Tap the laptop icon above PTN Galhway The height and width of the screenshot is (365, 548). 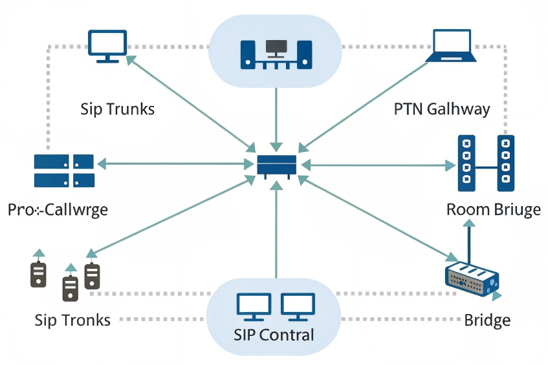coord(451,45)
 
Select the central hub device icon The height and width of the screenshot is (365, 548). coord(276,165)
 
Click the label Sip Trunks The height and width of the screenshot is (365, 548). coord(118,109)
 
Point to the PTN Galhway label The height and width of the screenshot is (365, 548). coord(442,109)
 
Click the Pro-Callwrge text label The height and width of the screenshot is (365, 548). coord(58,210)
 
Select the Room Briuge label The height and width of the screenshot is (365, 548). coord(493,210)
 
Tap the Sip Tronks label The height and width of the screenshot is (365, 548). coord(72,320)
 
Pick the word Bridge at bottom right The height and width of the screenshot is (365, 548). coord(487,320)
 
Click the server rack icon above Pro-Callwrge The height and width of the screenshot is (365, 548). coord(64,171)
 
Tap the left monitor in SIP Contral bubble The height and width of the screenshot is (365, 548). coord(254,307)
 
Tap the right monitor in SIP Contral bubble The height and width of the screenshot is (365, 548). coord(298,307)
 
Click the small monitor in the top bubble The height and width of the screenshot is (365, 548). coord(276,48)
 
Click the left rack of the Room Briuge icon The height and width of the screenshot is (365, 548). coord(466,163)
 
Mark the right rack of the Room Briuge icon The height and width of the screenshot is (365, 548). coord(505,163)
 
